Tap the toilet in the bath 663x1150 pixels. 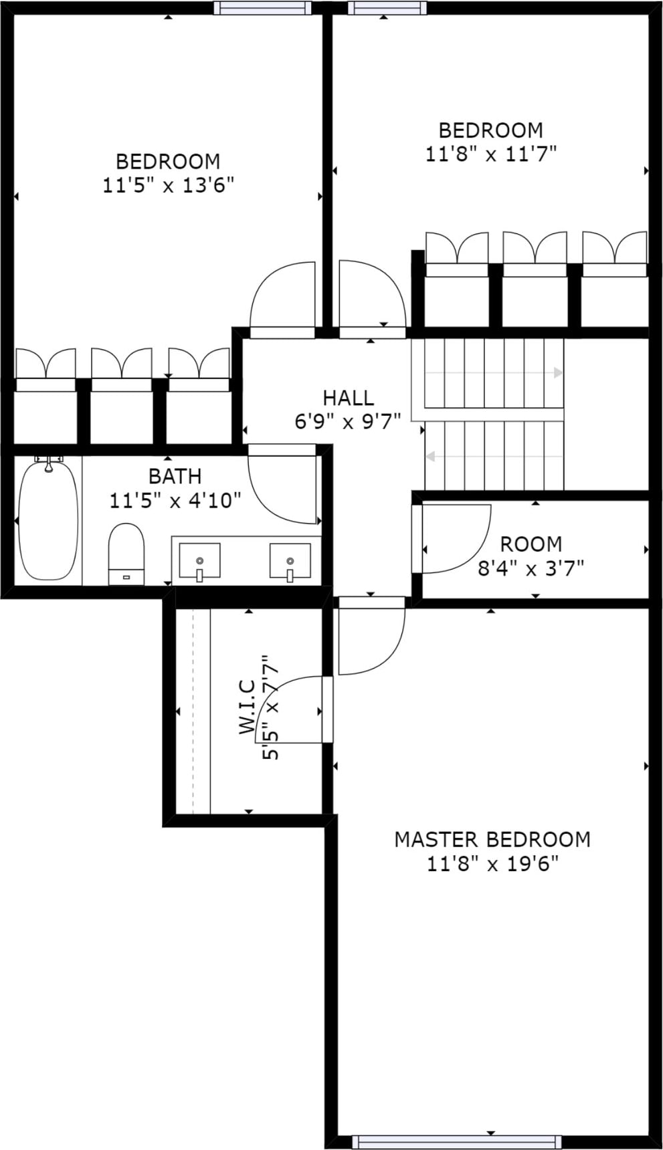click(x=126, y=554)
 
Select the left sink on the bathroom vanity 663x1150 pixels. click(x=199, y=561)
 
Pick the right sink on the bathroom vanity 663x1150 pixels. click(x=290, y=561)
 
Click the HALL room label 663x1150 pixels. click(x=348, y=398)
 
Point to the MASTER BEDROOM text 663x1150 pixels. click(x=492, y=839)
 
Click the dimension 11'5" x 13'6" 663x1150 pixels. click(x=168, y=185)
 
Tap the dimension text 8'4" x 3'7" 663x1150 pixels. click(x=531, y=568)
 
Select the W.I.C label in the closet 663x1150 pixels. click(x=247, y=707)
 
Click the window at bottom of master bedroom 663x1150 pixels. click(x=457, y=1141)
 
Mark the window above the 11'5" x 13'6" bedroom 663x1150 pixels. click(x=262, y=7)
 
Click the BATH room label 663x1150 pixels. click(x=175, y=477)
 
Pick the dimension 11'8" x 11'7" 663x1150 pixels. click(x=491, y=154)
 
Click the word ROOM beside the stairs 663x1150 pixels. click(x=531, y=544)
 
